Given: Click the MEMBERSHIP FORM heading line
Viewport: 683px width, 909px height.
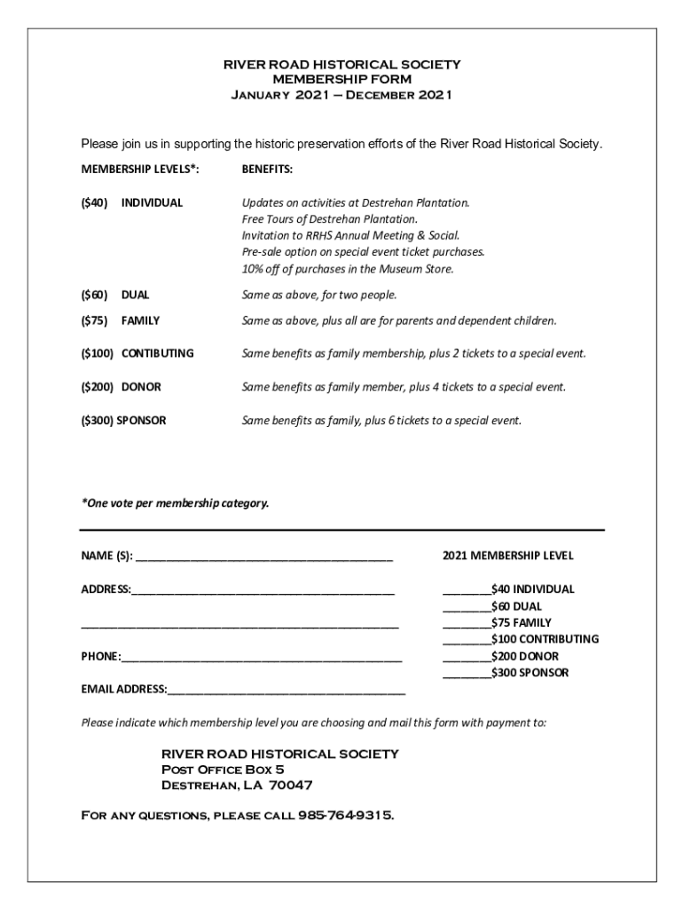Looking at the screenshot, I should pyautogui.click(x=341, y=79).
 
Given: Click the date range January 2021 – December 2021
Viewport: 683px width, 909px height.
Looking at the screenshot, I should pyautogui.click(x=341, y=94).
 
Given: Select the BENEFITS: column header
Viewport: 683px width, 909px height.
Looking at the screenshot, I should pyautogui.click(x=267, y=169).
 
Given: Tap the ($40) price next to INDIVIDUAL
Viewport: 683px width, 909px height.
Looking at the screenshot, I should pyautogui.click(x=95, y=202).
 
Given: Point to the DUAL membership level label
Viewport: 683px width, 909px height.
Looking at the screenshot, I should pyautogui.click(x=135, y=295).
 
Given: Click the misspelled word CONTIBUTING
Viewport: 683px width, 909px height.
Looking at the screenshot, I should pyautogui.click(x=157, y=353).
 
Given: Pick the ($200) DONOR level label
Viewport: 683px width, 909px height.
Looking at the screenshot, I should pyautogui.click(x=122, y=387).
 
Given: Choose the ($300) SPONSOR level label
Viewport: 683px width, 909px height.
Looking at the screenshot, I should pyautogui.click(x=123, y=421).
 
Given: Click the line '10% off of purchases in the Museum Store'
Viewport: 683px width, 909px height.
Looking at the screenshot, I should pyautogui.click(x=348, y=269).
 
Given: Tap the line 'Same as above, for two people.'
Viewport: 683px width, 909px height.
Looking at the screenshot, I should pyautogui.click(x=319, y=295).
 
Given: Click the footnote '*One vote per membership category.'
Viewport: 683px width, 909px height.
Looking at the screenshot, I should pyautogui.click(x=175, y=503).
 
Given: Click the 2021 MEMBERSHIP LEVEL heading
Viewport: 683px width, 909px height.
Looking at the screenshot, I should pyautogui.click(x=507, y=556).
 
